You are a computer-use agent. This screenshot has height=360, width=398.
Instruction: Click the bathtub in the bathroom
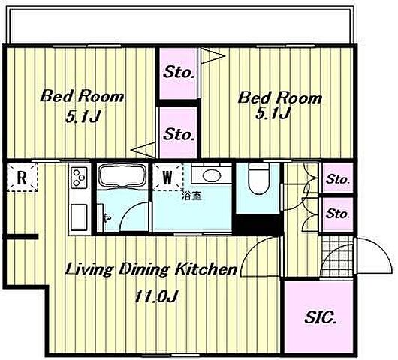click(122, 175)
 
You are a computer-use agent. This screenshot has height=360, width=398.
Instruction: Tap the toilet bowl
click(259, 178)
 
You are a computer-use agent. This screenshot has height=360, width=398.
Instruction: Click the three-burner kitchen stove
click(80, 178)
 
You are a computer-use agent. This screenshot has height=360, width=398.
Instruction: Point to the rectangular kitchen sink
click(79, 217)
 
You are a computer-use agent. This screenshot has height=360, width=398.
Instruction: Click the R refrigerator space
click(22, 178)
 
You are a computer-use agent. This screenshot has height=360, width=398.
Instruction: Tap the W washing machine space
click(167, 177)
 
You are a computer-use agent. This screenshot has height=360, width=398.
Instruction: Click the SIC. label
click(321, 317)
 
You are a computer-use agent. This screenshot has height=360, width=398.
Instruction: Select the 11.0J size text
click(155, 296)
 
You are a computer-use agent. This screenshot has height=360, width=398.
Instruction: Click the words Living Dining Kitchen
click(151, 269)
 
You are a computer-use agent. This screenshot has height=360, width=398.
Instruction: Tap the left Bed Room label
click(82, 96)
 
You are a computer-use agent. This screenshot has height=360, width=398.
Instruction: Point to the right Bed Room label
click(279, 97)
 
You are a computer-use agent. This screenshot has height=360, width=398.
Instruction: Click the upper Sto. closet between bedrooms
click(178, 73)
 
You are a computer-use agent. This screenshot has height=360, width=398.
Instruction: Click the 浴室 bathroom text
click(192, 196)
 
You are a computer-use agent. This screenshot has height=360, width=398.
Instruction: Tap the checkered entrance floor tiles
click(337, 256)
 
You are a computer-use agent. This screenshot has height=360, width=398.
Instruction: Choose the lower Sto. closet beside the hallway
click(337, 214)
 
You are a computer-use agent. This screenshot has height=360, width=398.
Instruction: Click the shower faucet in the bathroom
click(107, 217)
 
